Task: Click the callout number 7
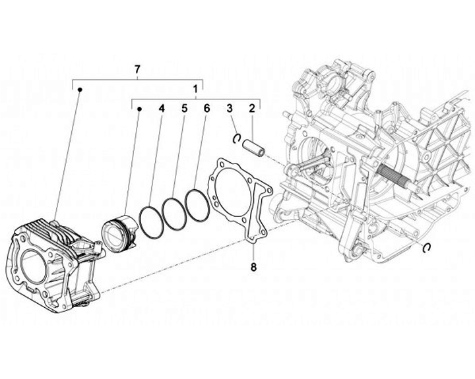click(x=137, y=69)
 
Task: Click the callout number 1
click(x=195, y=88)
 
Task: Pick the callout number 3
click(x=230, y=107)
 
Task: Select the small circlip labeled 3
click(x=236, y=136)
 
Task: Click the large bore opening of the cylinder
click(x=34, y=268)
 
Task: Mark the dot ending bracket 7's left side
click(x=80, y=88)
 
